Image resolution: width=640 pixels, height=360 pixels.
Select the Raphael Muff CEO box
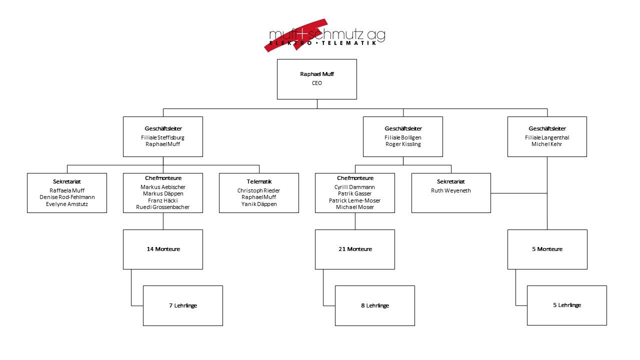[x=317, y=79]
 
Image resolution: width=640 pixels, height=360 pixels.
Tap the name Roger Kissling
[x=403, y=144]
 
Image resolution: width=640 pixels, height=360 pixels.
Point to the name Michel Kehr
[x=547, y=144]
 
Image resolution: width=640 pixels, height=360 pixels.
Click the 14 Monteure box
[x=163, y=249]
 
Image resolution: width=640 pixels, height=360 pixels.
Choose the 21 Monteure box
[x=355, y=249]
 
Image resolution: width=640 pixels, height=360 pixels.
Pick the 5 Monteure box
[x=547, y=249]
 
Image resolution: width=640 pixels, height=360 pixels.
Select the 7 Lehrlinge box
[x=183, y=305]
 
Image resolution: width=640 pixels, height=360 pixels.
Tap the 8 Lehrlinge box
[x=375, y=305]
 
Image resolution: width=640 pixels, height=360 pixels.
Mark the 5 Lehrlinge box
[x=567, y=305]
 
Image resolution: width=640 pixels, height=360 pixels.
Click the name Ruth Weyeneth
[x=451, y=190]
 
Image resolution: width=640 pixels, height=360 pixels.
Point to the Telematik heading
[x=259, y=181]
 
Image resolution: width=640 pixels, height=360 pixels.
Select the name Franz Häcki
[x=163, y=200]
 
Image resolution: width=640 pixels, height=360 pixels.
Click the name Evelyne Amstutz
[x=67, y=204]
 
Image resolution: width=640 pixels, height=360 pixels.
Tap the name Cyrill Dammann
[x=355, y=187]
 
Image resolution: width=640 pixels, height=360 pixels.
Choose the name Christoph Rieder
[x=259, y=190]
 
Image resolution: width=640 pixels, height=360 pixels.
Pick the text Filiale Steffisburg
[x=163, y=137]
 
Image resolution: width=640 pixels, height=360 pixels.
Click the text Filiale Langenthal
[x=547, y=137]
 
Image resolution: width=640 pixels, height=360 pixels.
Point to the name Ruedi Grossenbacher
[x=163, y=207]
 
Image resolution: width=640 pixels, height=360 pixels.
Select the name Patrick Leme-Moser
[x=355, y=200]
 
